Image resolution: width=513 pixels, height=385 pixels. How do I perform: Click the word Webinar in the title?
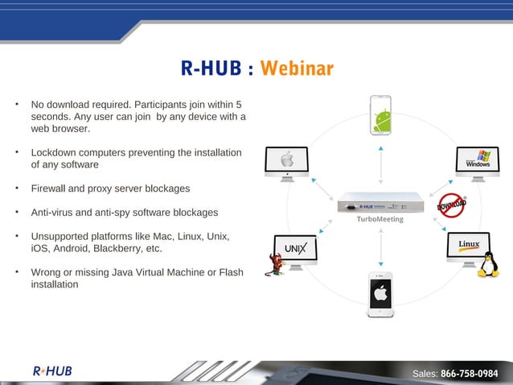point(297,68)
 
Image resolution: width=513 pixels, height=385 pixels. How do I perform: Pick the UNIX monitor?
point(296,249)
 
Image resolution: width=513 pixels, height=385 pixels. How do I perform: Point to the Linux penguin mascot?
point(487,265)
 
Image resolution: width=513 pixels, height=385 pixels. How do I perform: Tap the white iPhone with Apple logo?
point(380,293)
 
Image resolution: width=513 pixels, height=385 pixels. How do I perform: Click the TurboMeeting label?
point(380,219)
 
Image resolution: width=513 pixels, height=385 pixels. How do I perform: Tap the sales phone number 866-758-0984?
point(470,374)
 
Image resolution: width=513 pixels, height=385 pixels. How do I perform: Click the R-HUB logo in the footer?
point(52,371)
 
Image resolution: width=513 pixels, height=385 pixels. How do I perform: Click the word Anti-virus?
point(54,213)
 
